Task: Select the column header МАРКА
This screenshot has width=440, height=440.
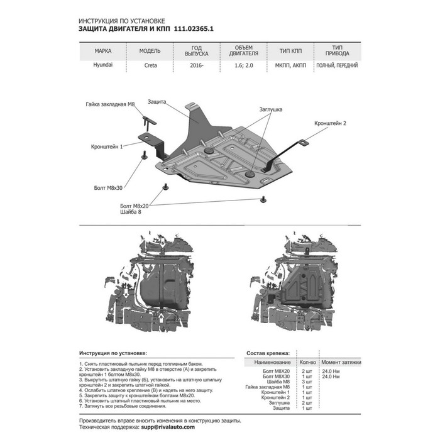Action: coord(103,52)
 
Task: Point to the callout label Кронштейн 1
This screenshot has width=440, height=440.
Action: coord(107,146)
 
